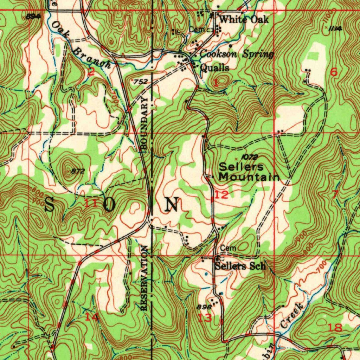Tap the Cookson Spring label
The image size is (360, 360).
(x=237, y=54)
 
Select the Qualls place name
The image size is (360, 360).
(x=214, y=67)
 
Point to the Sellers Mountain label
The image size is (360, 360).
(x=249, y=172)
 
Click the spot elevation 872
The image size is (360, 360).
(x=78, y=171)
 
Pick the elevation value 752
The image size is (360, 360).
(x=140, y=82)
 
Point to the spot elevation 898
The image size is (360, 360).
(x=204, y=306)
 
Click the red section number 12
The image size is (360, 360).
(x=221, y=195)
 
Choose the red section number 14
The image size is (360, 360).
(x=92, y=317)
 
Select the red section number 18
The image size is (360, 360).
(x=335, y=328)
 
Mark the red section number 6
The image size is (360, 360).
(x=334, y=72)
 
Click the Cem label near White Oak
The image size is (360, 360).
(x=196, y=30)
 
